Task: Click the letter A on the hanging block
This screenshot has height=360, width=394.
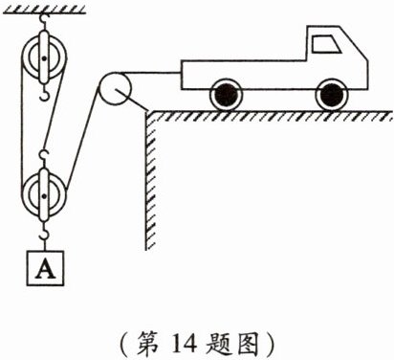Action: pos(45,268)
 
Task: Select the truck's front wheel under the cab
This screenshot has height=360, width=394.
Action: pos(331,95)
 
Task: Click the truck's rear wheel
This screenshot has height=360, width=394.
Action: pos(226,95)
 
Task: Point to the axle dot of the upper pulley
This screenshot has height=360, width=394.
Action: pos(44,58)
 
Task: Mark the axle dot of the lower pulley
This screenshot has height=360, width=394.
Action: pos(44,195)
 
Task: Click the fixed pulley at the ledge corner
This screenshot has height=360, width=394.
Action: pos(115,88)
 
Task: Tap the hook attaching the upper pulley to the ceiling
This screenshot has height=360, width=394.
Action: pos(43,21)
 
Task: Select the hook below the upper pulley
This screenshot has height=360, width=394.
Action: pos(44,92)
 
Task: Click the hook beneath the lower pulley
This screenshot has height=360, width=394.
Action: pos(44,232)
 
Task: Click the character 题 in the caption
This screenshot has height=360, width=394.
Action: pos(218,343)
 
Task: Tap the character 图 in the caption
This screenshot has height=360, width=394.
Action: pos(248,344)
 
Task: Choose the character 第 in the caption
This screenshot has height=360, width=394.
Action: pos(148,343)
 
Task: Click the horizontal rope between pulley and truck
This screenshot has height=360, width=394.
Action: pos(149,73)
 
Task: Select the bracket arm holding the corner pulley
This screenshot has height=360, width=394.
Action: pos(132,101)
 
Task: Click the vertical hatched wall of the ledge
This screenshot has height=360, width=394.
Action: pos(151,181)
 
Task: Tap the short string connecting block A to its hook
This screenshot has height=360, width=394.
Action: pos(45,245)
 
